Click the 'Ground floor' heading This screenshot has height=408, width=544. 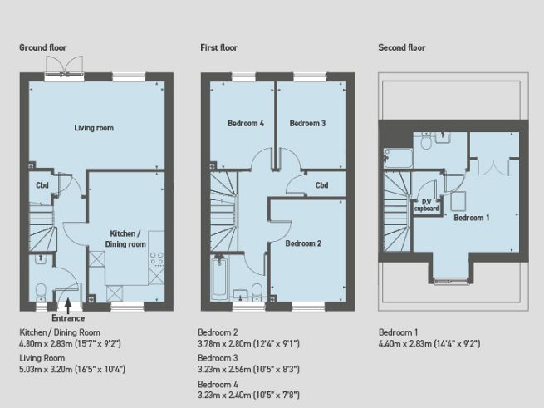[x=42, y=48]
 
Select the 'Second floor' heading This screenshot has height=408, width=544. [x=402, y=48]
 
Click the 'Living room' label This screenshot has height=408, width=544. [x=94, y=128]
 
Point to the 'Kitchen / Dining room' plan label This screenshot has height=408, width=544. [x=126, y=239]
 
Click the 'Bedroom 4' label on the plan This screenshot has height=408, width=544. [x=246, y=124]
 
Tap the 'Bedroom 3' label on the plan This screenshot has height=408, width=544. [x=307, y=124]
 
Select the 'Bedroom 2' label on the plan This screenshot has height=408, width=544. [x=303, y=244]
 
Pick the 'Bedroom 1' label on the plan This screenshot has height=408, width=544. [x=472, y=218]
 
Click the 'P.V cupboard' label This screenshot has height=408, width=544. [x=427, y=205]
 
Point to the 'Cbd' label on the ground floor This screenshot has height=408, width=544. [x=42, y=184]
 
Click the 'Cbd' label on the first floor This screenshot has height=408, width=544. [x=321, y=185]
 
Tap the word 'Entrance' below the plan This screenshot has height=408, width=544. [x=67, y=317]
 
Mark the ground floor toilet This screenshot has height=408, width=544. [x=41, y=290]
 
